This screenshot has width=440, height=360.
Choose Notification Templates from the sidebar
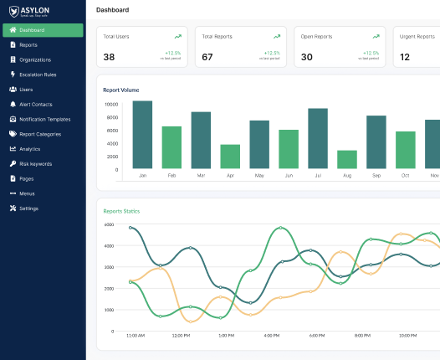45,119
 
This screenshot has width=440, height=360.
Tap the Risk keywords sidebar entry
36,163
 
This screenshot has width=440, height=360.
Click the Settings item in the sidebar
28,208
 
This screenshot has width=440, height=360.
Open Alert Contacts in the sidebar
35,104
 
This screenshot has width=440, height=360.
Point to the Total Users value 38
109,57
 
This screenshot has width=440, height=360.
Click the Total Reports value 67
207,57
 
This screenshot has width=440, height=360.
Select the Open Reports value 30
307,57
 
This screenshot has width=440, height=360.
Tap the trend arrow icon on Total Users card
177,37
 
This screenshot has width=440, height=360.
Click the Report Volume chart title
120,90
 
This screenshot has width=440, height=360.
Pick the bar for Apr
230,157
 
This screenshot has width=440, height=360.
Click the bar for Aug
347,159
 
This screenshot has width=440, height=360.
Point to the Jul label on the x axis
318,176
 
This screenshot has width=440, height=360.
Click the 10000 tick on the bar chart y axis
110,105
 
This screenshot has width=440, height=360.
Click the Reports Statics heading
121,211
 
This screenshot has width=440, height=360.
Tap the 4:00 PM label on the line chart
271,335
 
